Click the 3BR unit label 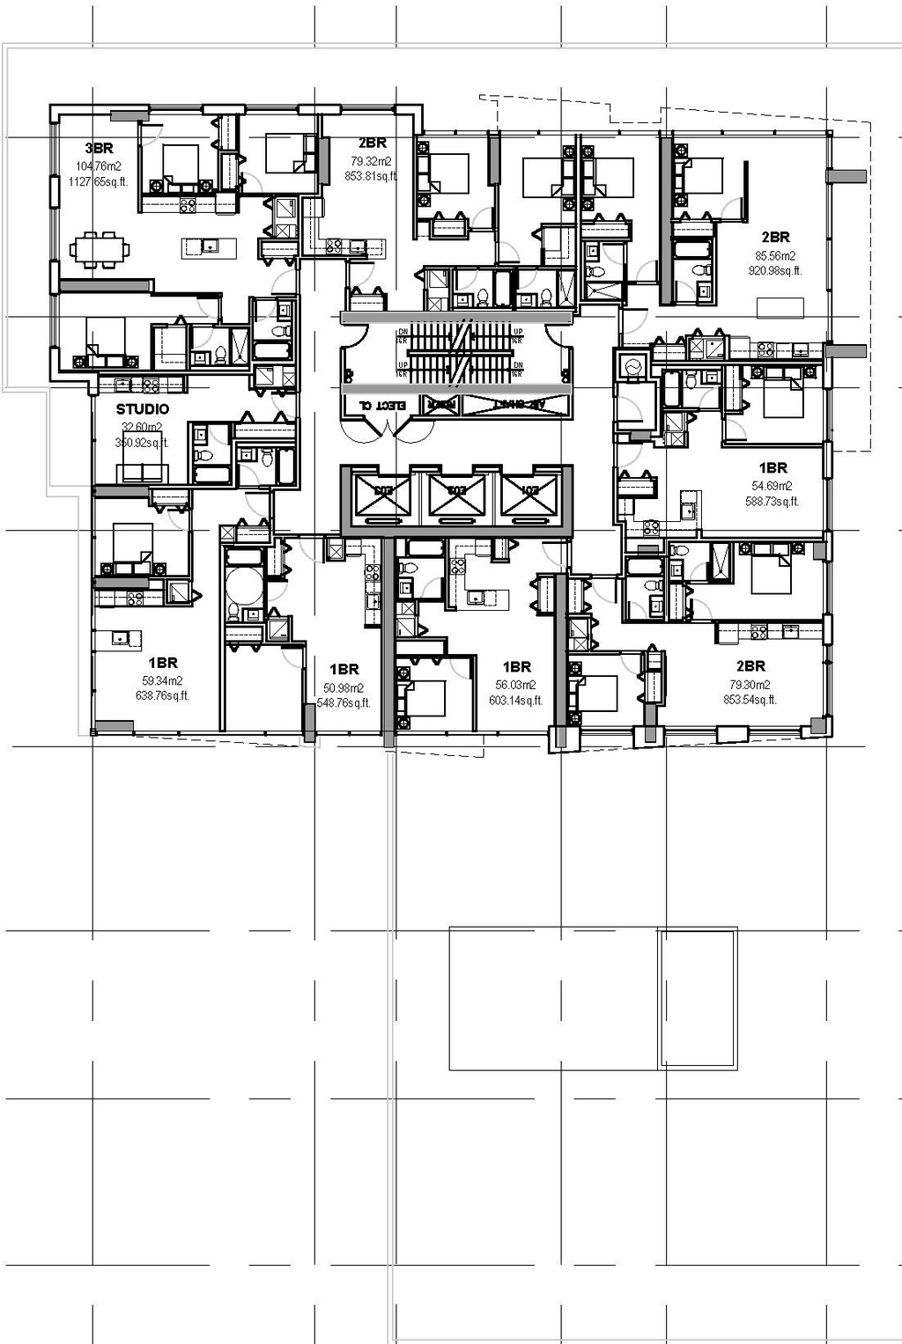(99, 148)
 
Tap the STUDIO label (143, 409)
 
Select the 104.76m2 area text (99, 166)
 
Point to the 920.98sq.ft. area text (775, 271)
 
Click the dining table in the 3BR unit (100, 249)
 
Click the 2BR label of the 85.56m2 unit (776, 237)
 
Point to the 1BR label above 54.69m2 (773, 468)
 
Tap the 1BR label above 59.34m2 (163, 663)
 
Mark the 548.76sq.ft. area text (344, 703)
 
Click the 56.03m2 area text (516, 685)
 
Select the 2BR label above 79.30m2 (750, 666)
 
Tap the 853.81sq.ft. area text (371, 176)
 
